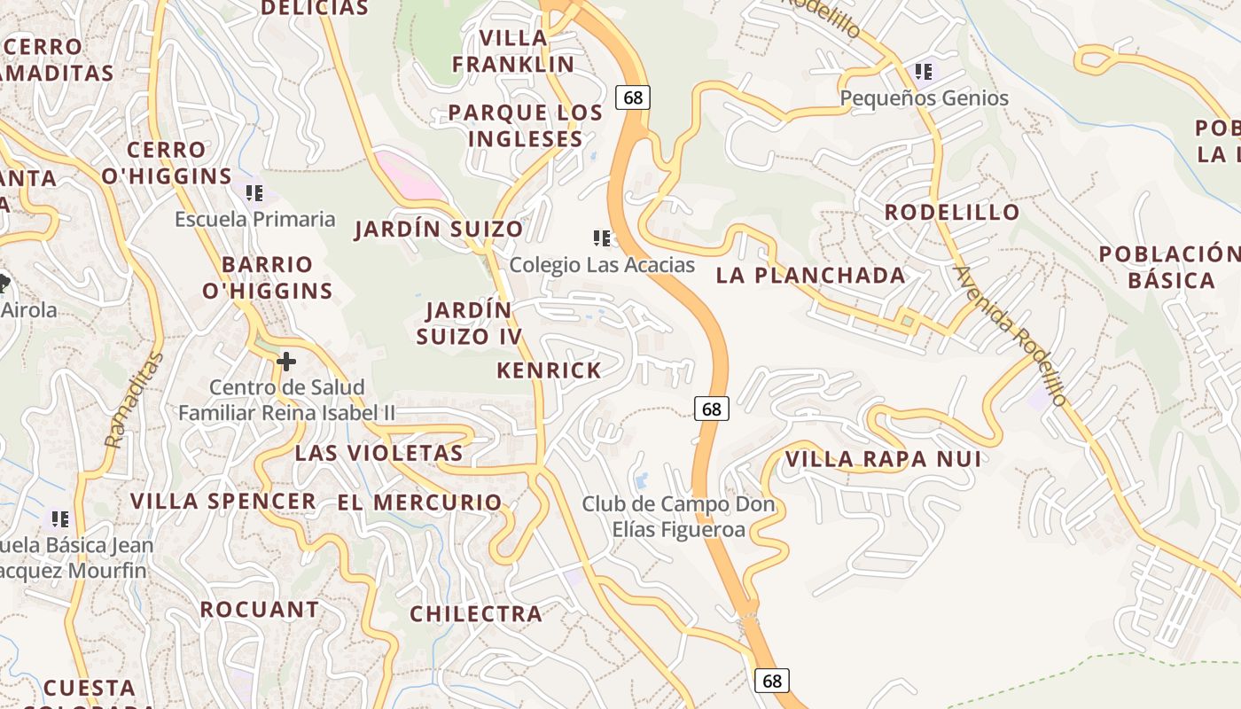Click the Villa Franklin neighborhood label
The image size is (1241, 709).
pos(513,51)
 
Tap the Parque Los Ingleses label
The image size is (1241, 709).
pos(525,126)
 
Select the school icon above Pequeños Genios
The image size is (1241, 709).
pos(924,72)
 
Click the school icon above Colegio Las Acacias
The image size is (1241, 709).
pos(602,238)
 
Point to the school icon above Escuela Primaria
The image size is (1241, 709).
pos(254,192)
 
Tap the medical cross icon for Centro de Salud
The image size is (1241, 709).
pos(286,361)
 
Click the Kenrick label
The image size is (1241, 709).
pos(549,370)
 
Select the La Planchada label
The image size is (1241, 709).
pos(810,276)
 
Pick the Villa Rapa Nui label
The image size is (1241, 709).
pos(883,459)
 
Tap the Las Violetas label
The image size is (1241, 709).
pos(379,453)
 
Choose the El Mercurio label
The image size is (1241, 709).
pos(419,503)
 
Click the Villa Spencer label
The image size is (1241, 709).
pos(223,501)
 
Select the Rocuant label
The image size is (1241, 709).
pos(259,610)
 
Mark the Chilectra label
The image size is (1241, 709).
pos(475,613)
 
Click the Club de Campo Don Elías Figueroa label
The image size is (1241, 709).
pos(678,517)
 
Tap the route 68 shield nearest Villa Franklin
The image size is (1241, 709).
pos(633,97)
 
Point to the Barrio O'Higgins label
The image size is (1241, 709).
pos(267,277)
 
